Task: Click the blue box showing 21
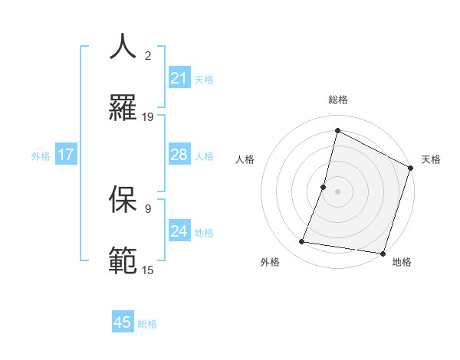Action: [179, 78]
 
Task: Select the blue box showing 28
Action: [179, 155]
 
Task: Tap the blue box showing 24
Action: [179, 231]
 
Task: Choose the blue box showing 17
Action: [66, 155]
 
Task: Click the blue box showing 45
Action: [123, 322]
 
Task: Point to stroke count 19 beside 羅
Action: [148, 116]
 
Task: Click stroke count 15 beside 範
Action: [148, 270]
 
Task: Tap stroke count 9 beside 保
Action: [148, 208]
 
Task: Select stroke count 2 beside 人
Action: [148, 55]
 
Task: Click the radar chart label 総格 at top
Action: [338, 100]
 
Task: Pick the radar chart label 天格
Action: [431, 159]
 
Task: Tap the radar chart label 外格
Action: [270, 262]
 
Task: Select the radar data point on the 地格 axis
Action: [383, 252]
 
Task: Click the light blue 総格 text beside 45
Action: [147, 324]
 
